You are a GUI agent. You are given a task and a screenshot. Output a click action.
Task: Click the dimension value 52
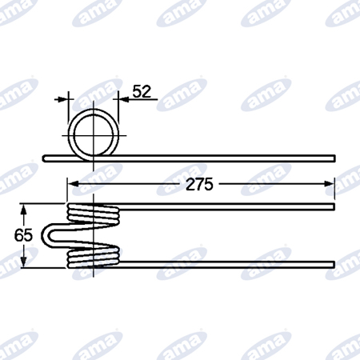pyautogui.click(x=142, y=91)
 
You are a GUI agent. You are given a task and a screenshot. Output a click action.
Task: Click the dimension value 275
pyautogui.click(x=199, y=184)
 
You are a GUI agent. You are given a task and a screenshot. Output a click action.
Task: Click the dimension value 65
pyautogui.click(x=23, y=235)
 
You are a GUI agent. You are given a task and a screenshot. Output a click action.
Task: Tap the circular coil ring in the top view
pyautogui.click(x=68, y=134)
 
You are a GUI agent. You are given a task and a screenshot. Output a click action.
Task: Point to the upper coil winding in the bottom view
pyautogui.click(x=94, y=214)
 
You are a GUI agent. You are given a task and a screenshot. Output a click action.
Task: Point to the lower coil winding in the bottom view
pyautogui.click(x=94, y=257)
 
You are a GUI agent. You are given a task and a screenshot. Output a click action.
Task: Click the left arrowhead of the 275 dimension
pyautogui.click(x=72, y=184)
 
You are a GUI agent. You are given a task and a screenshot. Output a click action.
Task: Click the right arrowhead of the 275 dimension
pyautogui.click(x=329, y=184)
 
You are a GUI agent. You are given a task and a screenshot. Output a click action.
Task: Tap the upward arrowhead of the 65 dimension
pyautogui.click(x=24, y=210)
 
